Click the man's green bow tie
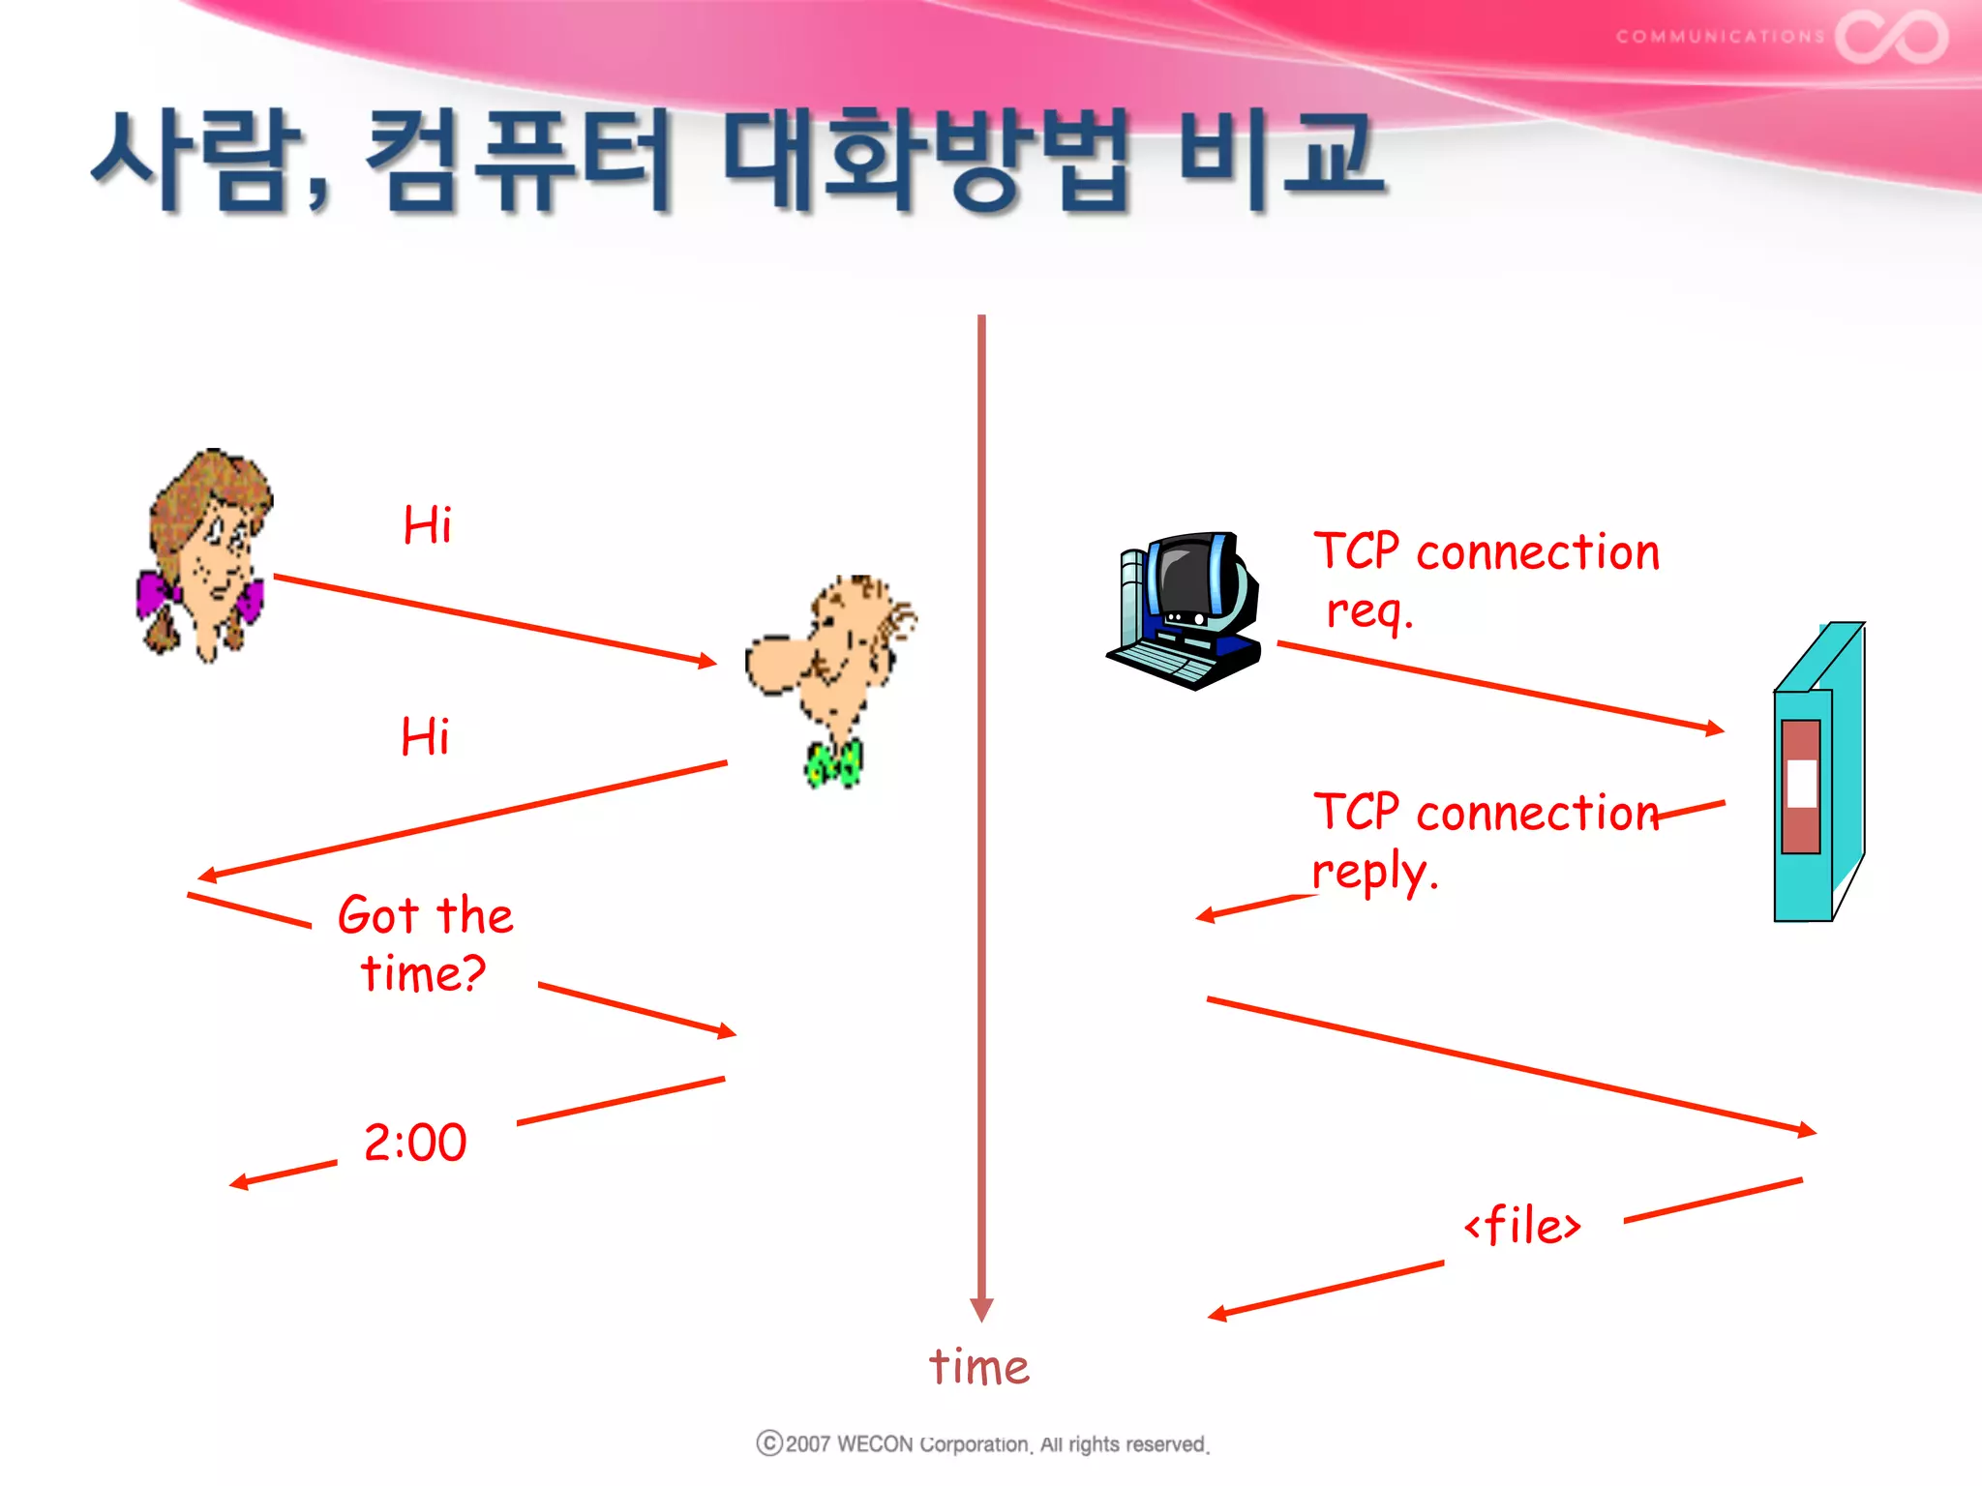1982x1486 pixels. point(833,763)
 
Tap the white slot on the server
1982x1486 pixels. point(1801,783)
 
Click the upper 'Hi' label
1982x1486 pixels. point(427,526)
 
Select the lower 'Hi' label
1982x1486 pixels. point(425,737)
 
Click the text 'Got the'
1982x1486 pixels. point(425,915)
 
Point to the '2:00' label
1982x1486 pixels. point(415,1143)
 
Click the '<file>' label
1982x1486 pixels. point(1522,1226)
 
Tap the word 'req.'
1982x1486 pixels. point(1368,611)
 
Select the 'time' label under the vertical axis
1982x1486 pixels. point(978,1367)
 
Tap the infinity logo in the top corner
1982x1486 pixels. point(1891,37)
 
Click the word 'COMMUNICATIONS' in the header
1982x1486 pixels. point(1720,37)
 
